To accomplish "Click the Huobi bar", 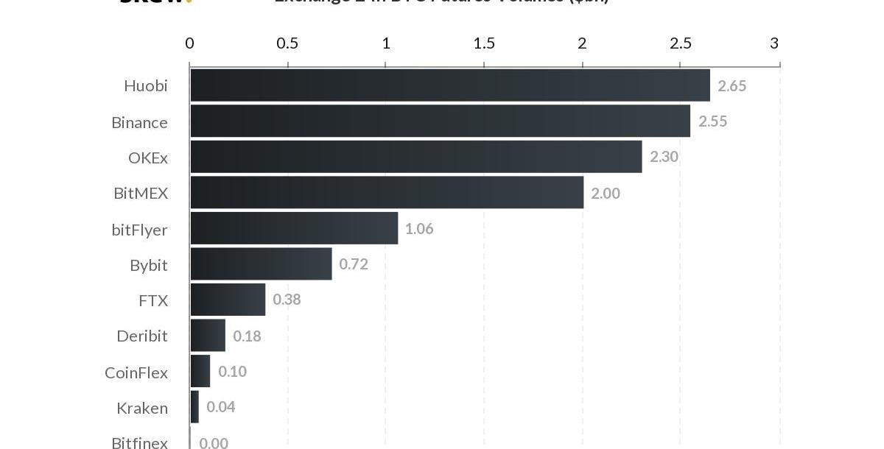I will (450, 85).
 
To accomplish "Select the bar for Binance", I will (441, 121).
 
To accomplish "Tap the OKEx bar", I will (416, 157).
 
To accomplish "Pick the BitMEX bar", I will (387, 192).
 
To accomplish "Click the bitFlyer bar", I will (294, 228).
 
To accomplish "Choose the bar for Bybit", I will (261, 264).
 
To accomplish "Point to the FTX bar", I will (228, 300).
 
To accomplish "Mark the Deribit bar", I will (208, 335).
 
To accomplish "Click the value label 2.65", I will (732, 86).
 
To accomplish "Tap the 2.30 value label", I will (664, 157).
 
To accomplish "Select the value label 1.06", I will (419, 229).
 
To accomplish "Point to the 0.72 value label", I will (354, 264).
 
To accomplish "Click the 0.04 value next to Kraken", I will (221, 407).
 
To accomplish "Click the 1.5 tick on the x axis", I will (484, 43).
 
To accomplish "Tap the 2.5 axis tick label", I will (681, 43).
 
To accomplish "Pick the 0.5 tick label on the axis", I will (287, 43).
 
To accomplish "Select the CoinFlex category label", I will (136, 372).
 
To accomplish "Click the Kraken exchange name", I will (142, 408).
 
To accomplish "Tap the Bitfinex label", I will (139, 442).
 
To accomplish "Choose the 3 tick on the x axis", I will (774, 43).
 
